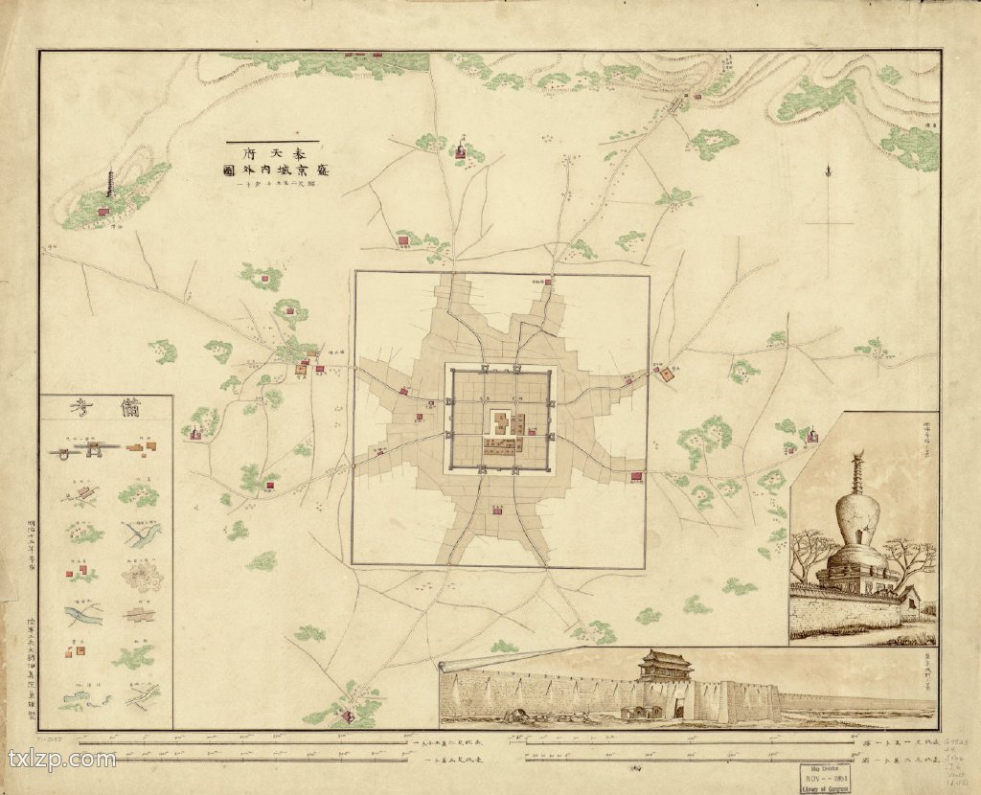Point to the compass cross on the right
pos(828,222)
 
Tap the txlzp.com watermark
pos(61,760)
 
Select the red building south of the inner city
pos(495,510)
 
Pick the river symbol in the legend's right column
pos(142,533)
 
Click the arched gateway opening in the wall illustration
pos(678,710)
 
